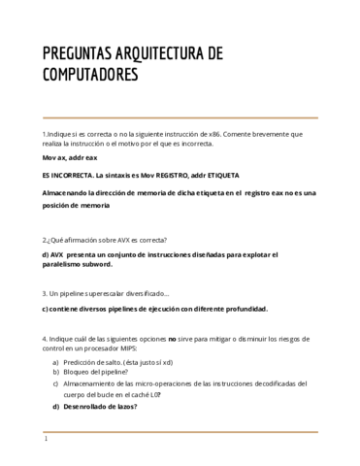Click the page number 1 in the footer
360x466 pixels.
tap(46, 440)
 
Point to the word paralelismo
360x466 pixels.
tap(62, 264)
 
